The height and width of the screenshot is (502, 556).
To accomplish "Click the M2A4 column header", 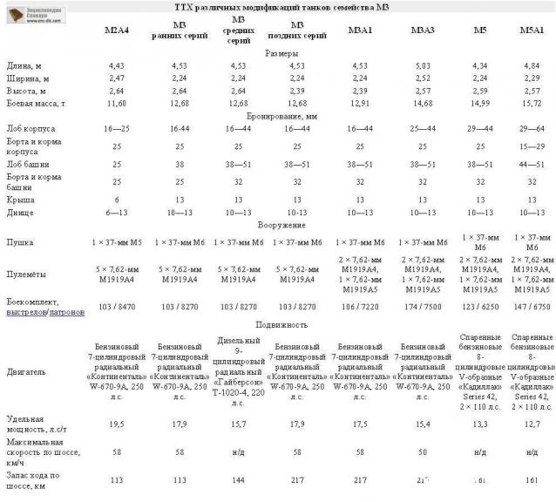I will click(116, 31).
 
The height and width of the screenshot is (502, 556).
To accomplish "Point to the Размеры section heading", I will click(281, 53).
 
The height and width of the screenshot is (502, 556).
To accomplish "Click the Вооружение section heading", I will click(281, 225).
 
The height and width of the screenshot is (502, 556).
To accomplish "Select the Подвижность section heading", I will click(281, 324).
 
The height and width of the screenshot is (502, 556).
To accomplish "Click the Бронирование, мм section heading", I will click(281, 115).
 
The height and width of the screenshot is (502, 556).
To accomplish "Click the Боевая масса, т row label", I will click(37, 103).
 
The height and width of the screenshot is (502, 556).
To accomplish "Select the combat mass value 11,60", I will click(116, 103).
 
